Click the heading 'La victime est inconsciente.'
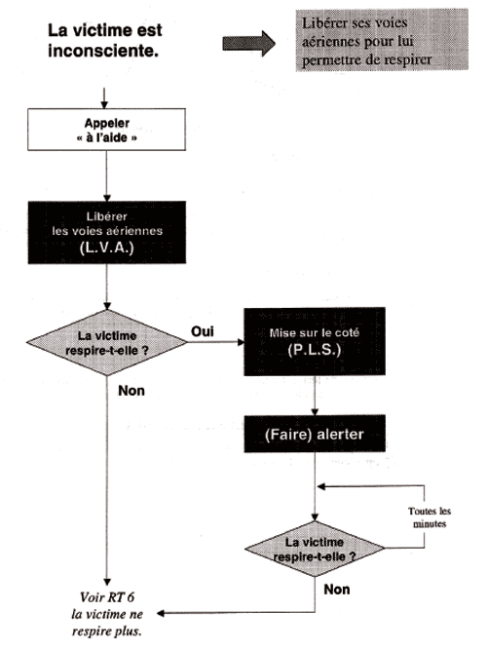tap(105, 40)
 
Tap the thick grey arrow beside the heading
tap(248, 43)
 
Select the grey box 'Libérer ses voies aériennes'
tap(382, 40)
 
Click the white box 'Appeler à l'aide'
tap(106, 130)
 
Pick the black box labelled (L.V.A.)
tap(106, 233)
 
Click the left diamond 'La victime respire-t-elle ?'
tap(106, 343)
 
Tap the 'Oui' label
tap(203, 331)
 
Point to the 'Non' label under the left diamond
tap(131, 391)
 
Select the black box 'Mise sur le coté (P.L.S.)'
tap(315, 342)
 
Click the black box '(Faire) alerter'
tap(315, 434)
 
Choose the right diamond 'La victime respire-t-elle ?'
tap(315, 549)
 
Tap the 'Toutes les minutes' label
tap(430, 517)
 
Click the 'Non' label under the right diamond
tap(337, 589)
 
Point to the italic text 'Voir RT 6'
tap(107, 597)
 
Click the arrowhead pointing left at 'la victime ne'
tap(160, 613)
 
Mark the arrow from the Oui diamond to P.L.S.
tap(216, 342)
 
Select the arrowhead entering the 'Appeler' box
tap(104, 105)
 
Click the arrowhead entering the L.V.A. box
tap(106, 198)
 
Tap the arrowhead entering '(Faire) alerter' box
tap(315, 411)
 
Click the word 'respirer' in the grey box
tap(407, 60)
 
